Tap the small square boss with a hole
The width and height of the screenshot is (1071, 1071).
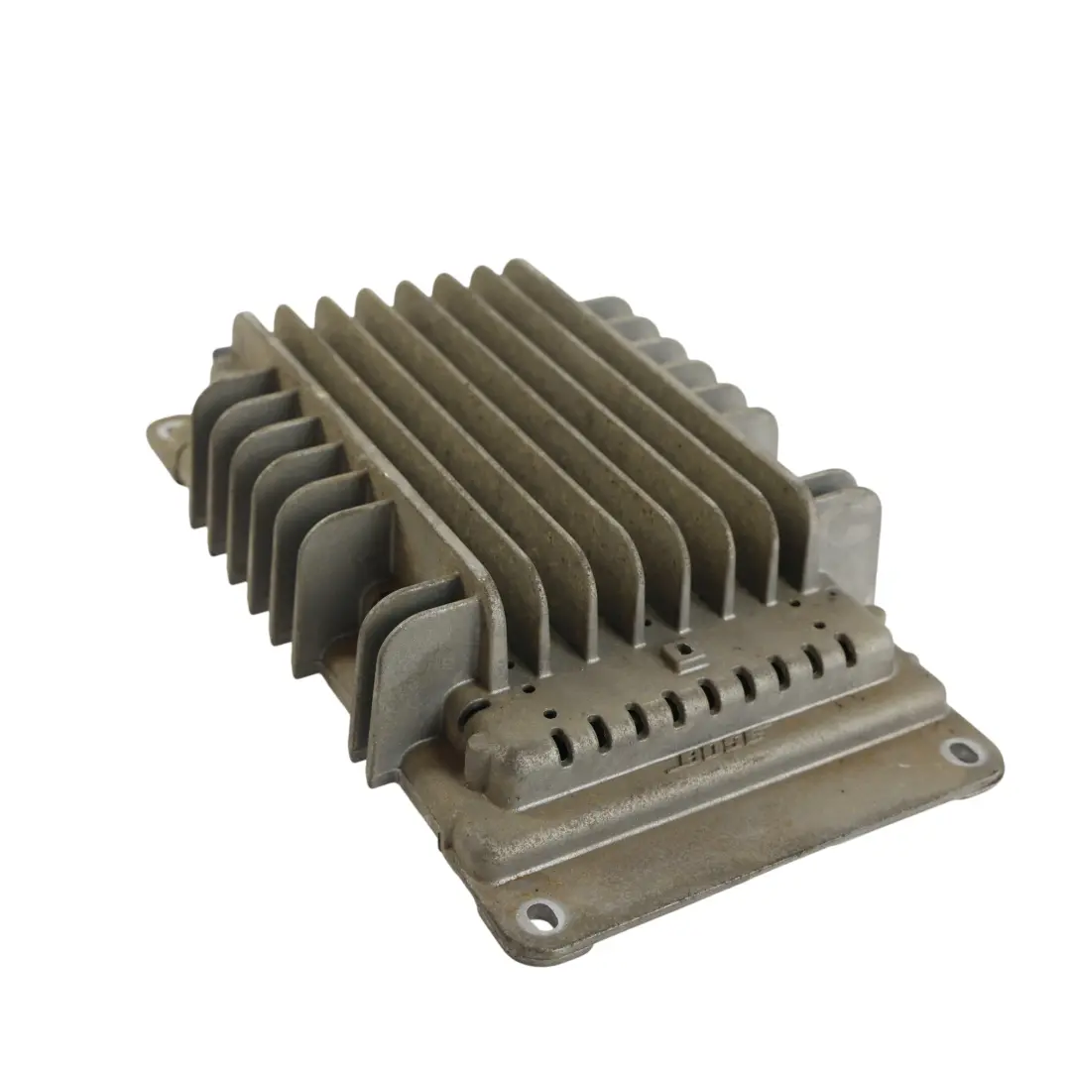point(678,653)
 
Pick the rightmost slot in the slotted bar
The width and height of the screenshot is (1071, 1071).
point(849,649)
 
